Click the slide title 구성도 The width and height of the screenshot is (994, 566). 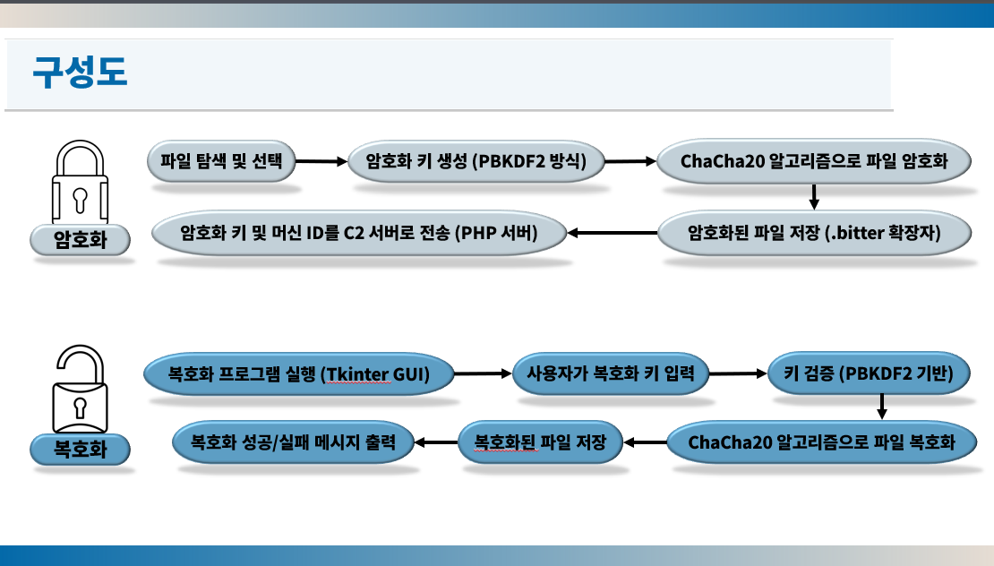(x=80, y=72)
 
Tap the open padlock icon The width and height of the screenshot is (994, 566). (x=80, y=389)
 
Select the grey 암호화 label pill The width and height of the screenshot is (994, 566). (x=80, y=240)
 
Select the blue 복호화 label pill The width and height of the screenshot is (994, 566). (x=80, y=450)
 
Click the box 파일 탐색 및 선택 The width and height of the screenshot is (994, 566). (x=221, y=161)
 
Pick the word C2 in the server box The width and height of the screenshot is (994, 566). (x=354, y=233)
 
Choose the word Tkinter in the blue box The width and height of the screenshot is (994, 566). (x=356, y=374)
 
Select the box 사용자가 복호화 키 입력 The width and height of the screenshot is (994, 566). (x=611, y=373)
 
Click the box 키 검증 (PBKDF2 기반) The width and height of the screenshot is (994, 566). (x=870, y=373)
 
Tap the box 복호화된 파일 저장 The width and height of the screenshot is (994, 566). (x=540, y=442)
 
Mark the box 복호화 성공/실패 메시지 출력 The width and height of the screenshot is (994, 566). (x=294, y=442)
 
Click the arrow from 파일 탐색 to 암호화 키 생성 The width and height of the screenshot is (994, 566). (x=321, y=161)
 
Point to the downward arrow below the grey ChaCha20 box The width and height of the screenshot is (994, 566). (x=814, y=196)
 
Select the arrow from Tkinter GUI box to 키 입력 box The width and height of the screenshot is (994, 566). (x=483, y=374)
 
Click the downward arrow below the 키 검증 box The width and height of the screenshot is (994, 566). (x=882, y=407)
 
